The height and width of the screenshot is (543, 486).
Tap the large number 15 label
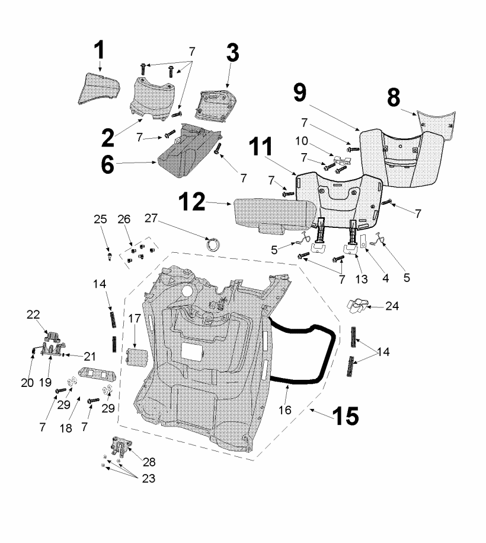344,415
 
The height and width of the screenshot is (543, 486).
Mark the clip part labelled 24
357,306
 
